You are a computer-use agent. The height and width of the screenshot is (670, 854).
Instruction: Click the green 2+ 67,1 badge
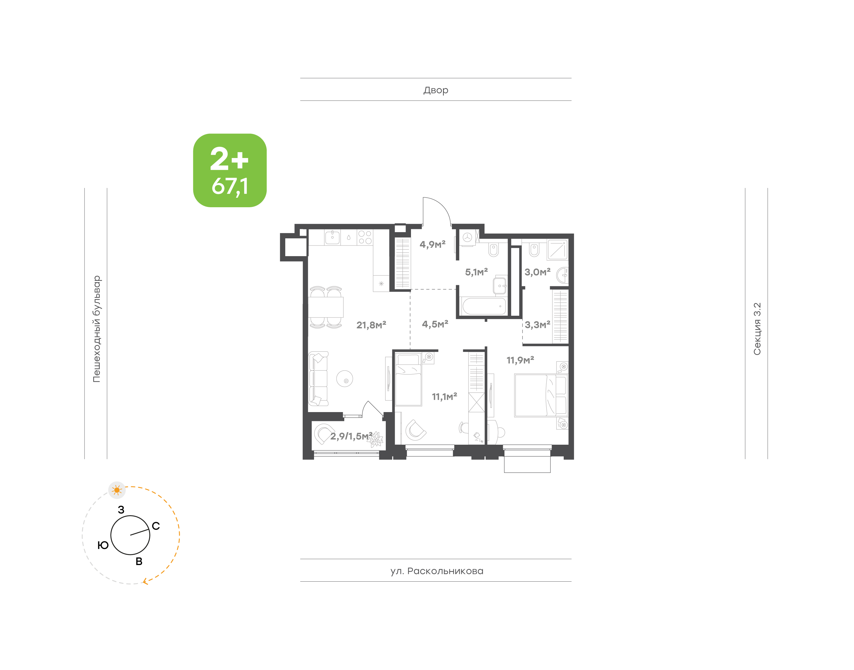point(230,170)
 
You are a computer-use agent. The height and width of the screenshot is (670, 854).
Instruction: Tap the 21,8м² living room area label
point(371,325)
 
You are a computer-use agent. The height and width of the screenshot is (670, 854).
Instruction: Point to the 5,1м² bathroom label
point(476,272)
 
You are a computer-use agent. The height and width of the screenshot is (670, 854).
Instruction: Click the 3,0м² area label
point(537,272)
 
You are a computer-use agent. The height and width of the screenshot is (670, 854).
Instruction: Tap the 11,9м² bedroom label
point(520,360)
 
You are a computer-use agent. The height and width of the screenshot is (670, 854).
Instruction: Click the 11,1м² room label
point(444,397)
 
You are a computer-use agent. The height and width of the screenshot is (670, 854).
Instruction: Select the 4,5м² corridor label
point(435,324)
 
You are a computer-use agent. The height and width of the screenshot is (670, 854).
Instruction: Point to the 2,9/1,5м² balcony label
point(351,436)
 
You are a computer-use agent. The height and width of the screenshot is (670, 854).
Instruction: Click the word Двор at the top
point(436,90)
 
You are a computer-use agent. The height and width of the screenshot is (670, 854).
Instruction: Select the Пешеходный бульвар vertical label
point(96,329)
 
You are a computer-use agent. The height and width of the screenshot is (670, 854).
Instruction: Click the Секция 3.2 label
point(757,329)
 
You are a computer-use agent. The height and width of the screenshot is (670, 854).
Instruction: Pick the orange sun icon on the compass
point(117,490)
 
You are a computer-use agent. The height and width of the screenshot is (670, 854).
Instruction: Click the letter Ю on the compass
point(103,545)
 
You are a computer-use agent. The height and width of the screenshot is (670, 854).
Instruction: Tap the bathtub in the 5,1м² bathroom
point(484,306)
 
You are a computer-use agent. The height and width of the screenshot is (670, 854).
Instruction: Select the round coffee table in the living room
point(345,379)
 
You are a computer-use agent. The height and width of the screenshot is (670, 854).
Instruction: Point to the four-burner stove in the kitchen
point(365,237)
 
